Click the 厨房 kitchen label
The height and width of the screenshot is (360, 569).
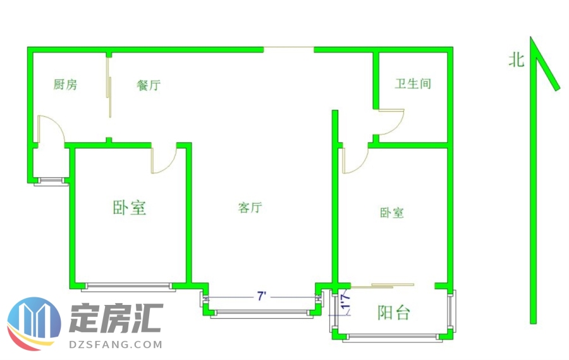65,85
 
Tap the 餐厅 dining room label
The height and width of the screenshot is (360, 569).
149,85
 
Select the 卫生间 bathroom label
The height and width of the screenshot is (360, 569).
413,84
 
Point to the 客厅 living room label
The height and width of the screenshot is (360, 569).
250,208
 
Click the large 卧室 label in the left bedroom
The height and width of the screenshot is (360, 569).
130,208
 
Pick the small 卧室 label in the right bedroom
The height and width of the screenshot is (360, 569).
392,213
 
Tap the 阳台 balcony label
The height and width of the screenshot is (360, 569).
394,313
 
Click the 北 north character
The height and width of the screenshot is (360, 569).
517,60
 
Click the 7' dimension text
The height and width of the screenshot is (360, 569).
261,295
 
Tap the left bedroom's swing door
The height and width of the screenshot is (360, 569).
164,159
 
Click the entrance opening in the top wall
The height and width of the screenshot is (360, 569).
288,49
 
